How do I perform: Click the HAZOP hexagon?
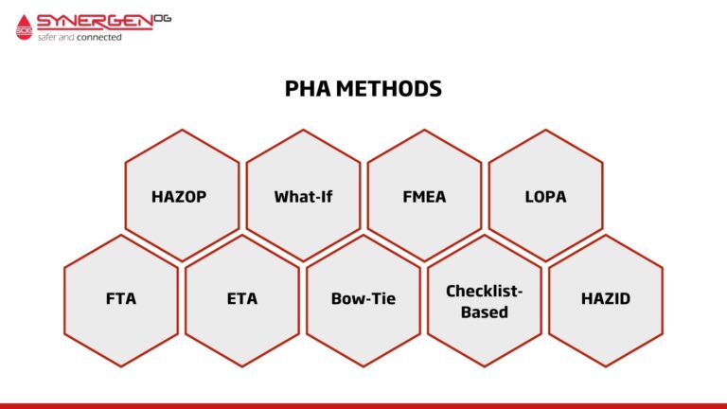182,196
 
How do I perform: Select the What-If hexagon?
303,196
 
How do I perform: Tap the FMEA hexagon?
424,196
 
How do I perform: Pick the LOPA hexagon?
545,196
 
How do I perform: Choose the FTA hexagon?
121,299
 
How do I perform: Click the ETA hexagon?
242,299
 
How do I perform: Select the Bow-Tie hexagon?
363,299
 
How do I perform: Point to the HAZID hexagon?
606,299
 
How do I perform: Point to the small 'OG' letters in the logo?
163,17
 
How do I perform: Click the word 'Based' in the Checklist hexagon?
485,311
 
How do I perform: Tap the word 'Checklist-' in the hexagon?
485,290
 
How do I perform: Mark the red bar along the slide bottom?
363,405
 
